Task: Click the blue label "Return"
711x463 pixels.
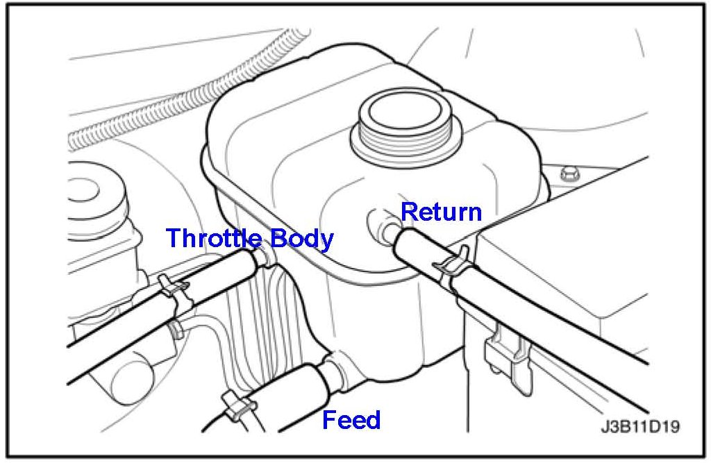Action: click(442, 211)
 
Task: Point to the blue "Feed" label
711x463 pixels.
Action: click(351, 420)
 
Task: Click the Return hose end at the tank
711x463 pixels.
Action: click(406, 243)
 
